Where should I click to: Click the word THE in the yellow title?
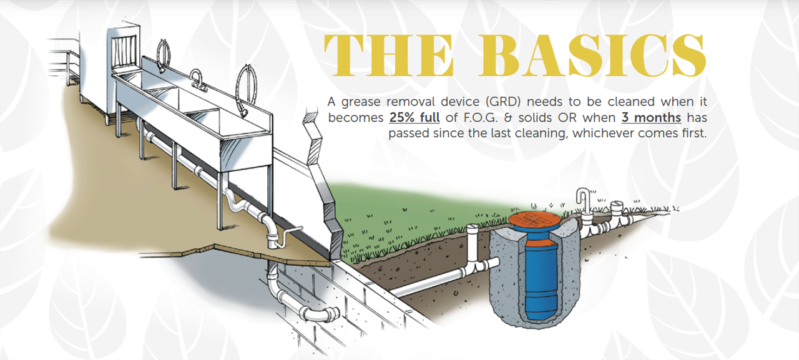(x=389, y=56)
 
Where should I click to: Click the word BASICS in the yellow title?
(x=592, y=56)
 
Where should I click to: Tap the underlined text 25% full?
(x=414, y=118)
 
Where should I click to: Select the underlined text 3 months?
(x=651, y=118)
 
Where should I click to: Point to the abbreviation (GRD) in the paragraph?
(x=503, y=102)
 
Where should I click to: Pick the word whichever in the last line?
(x=603, y=134)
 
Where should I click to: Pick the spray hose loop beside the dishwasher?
(x=164, y=56)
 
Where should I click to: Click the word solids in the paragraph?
(x=536, y=118)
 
